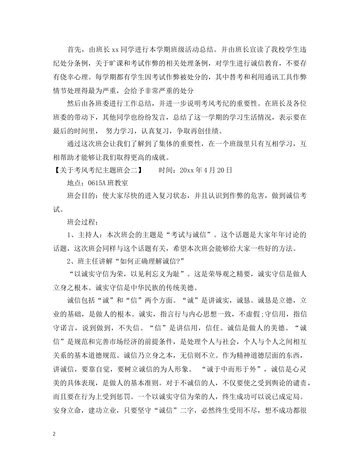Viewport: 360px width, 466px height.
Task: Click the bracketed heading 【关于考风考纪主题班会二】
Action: tap(99, 170)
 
